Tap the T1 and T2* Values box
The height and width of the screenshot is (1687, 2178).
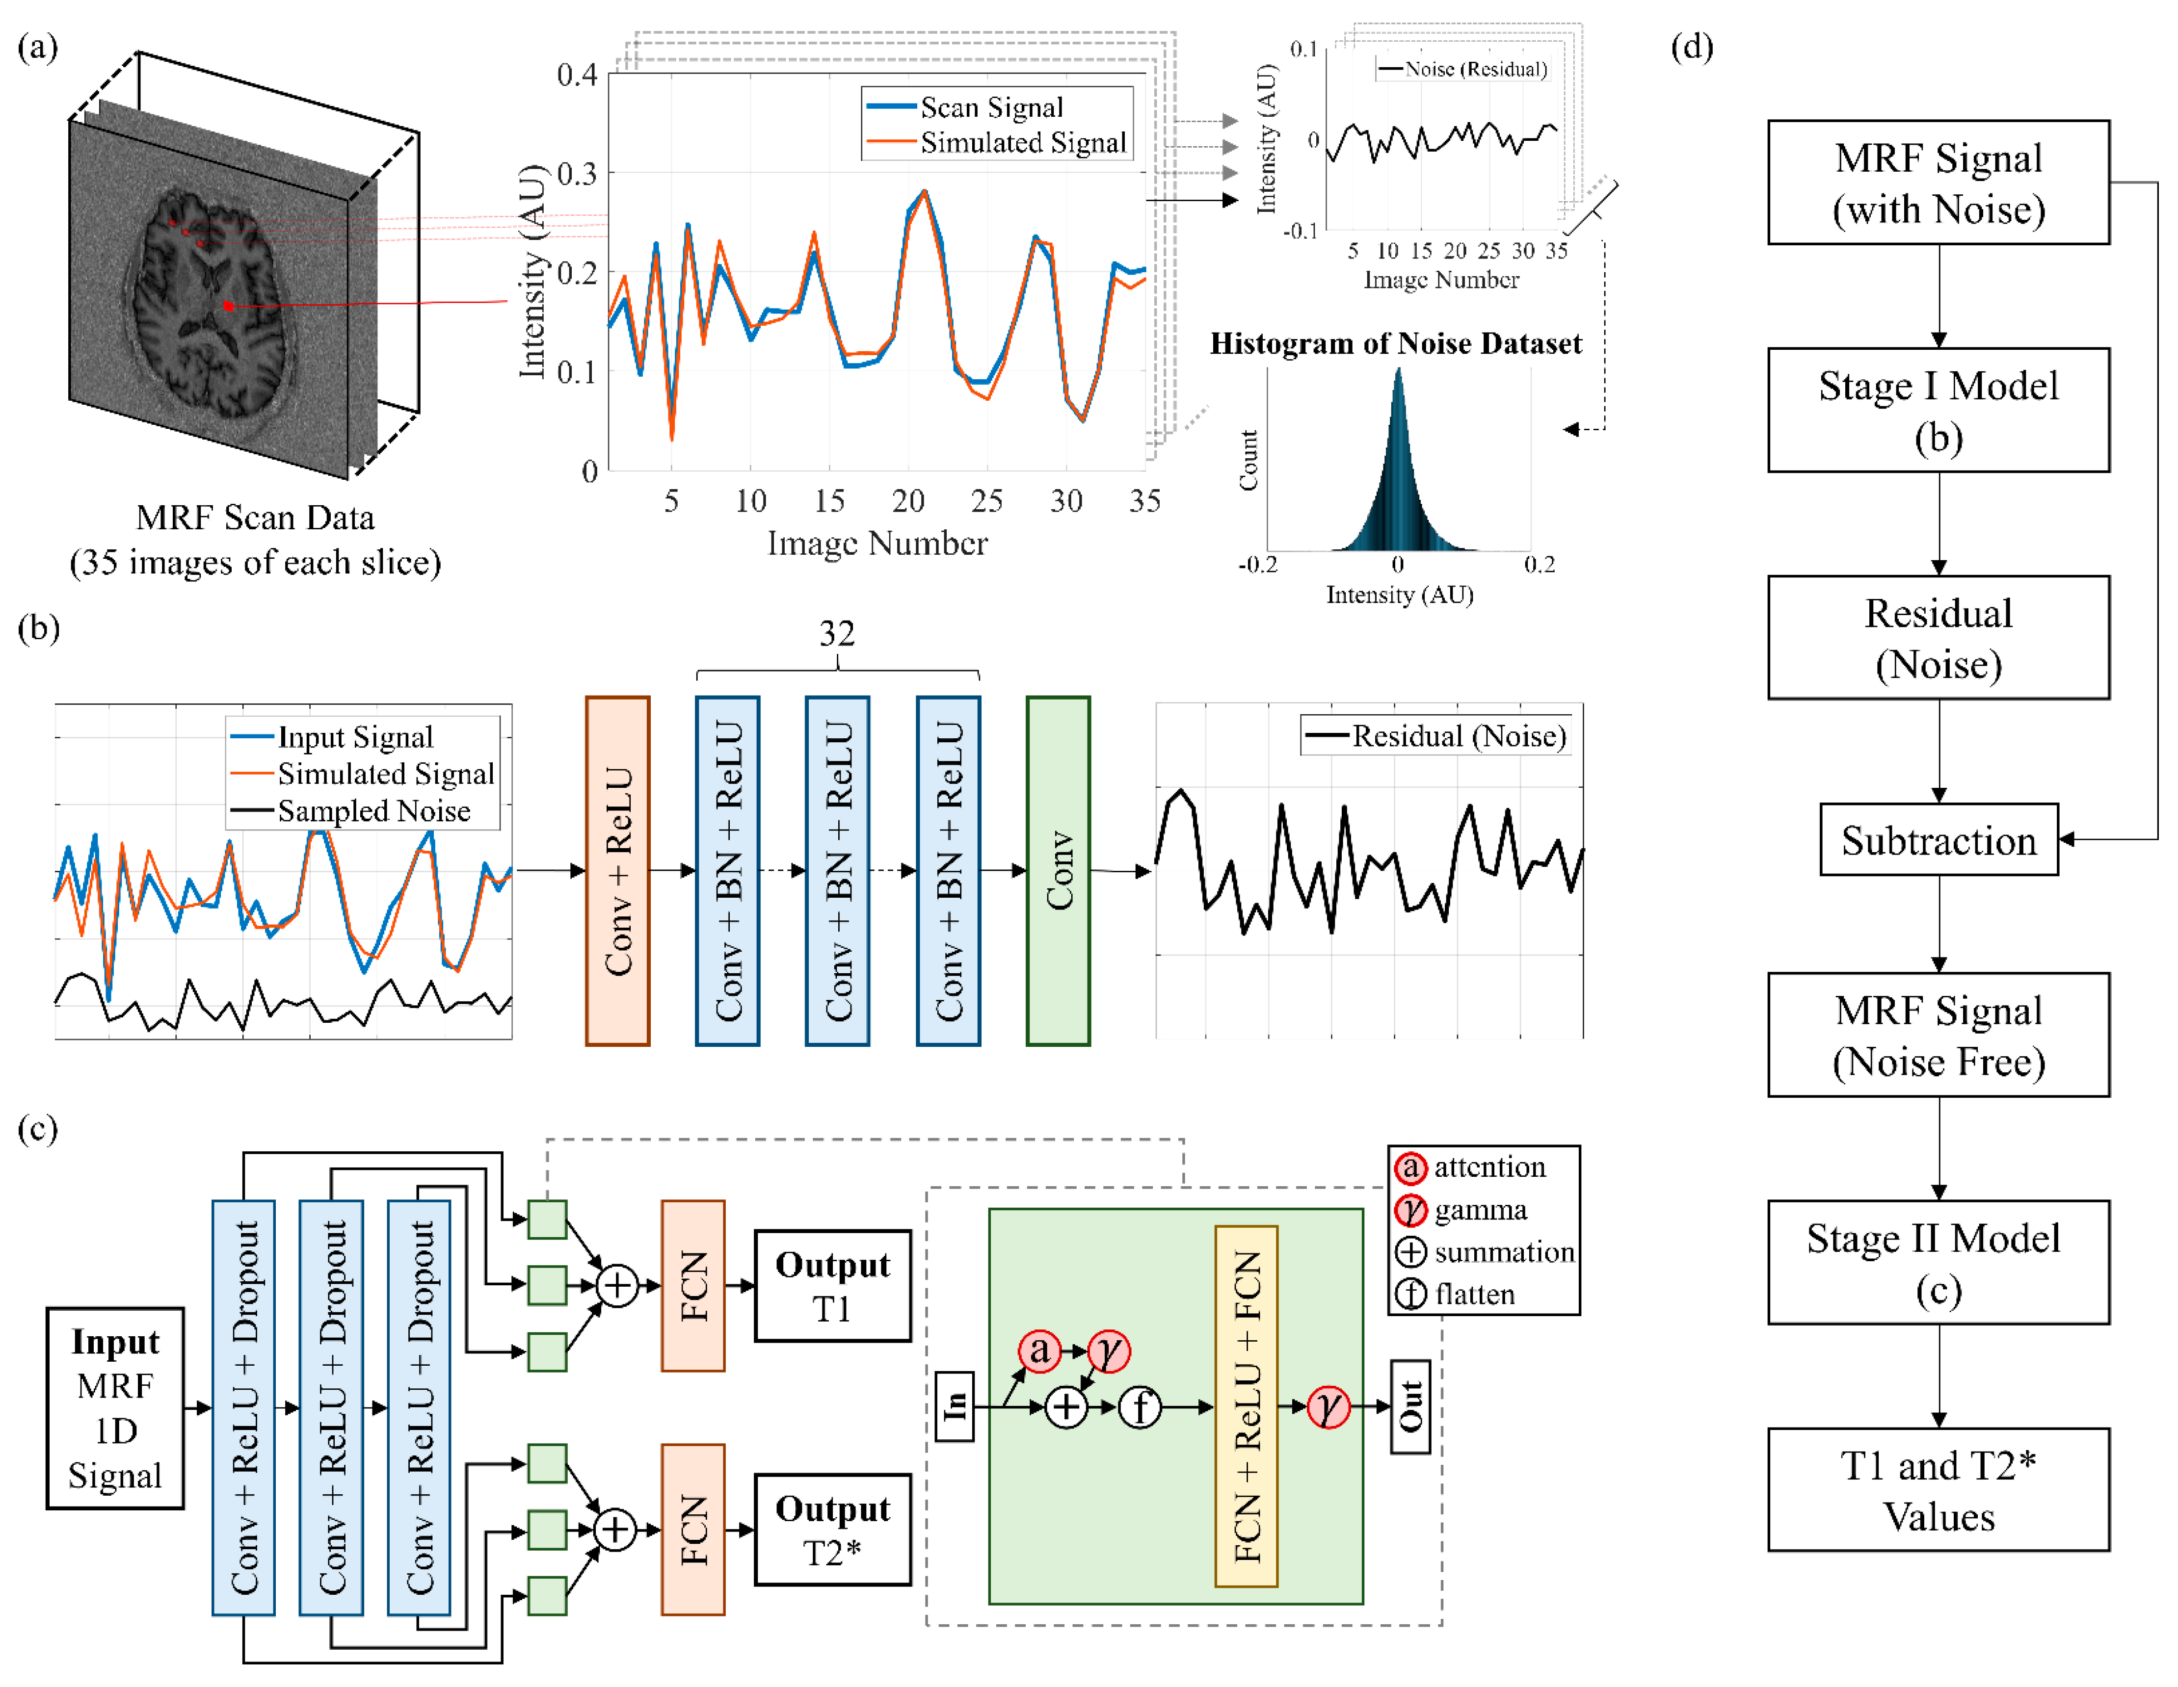pyautogui.click(x=1938, y=1490)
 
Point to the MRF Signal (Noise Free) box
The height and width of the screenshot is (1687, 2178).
pyautogui.click(x=1938, y=1035)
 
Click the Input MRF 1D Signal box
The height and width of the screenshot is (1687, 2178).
pyautogui.click(x=115, y=1408)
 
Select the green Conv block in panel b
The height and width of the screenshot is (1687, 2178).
pyautogui.click(x=1058, y=870)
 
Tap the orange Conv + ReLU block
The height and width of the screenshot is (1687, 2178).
pyautogui.click(x=617, y=870)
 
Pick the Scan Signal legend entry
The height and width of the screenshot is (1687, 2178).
pyautogui.click(x=990, y=106)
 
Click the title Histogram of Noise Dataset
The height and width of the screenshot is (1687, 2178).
pyautogui.click(x=1395, y=344)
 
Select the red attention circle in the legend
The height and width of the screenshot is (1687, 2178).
pyautogui.click(x=1410, y=1167)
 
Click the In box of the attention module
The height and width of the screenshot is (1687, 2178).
pyautogui.click(x=955, y=1406)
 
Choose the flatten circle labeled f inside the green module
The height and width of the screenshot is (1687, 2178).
pyautogui.click(x=1140, y=1407)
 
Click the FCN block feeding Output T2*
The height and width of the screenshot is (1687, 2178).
pyautogui.click(x=692, y=1530)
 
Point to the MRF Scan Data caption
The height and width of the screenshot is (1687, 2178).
pyautogui.click(x=255, y=540)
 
